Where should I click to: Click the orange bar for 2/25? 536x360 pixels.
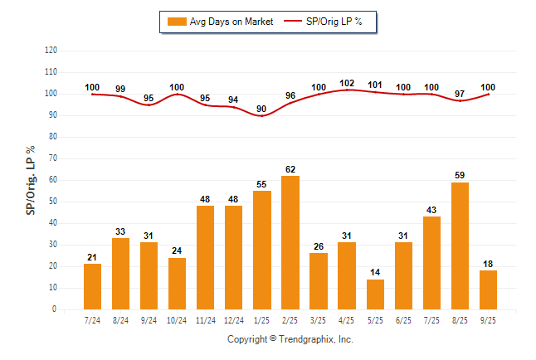[x=290, y=242]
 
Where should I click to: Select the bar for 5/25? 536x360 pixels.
[x=375, y=294]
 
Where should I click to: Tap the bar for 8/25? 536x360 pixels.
[x=460, y=246]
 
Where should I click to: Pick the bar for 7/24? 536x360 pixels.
[x=92, y=286]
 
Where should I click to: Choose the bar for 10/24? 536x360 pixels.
[x=177, y=284]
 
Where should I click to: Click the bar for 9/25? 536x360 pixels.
[x=488, y=289]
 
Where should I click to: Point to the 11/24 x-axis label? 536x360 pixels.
[x=205, y=319]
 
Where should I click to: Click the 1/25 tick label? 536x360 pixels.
[x=261, y=319]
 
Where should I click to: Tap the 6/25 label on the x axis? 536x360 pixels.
[x=403, y=319]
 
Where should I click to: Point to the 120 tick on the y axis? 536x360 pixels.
[x=51, y=50]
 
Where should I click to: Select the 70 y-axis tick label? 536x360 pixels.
[x=53, y=158]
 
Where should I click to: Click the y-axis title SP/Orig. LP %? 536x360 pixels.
[x=31, y=178]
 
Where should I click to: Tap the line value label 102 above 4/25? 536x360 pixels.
[x=347, y=83]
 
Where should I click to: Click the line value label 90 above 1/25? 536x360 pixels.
[x=261, y=109]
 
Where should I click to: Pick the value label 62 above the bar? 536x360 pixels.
[x=290, y=169]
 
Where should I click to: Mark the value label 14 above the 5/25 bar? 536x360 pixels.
[x=375, y=273]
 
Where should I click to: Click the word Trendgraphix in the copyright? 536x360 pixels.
[x=308, y=339]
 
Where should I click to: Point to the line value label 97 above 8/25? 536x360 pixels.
[x=460, y=94]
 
